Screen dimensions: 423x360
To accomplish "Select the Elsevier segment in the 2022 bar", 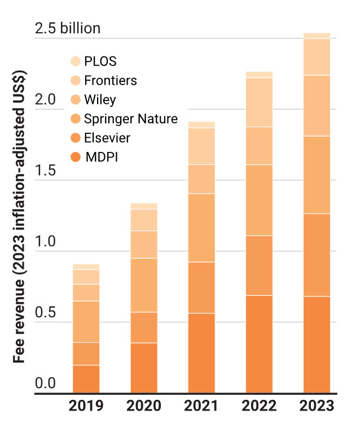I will pyautogui.click(x=259, y=265).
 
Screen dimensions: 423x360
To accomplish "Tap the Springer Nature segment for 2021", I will pyautogui.click(x=201, y=228).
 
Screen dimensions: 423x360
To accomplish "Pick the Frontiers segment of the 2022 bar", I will pyautogui.click(x=259, y=102).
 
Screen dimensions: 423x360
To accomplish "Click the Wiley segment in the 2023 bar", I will pyautogui.click(x=317, y=106).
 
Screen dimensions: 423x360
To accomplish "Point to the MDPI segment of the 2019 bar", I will pyautogui.click(x=86, y=378).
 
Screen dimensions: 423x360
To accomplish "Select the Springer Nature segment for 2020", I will pyautogui.click(x=144, y=285).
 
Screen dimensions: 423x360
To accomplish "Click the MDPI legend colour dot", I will pyautogui.click(x=75, y=156).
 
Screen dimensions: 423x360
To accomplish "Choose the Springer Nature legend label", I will pyautogui.click(x=130, y=119).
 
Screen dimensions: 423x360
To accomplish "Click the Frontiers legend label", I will pyautogui.click(x=110, y=81).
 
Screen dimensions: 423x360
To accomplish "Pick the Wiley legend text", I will pyautogui.click(x=100, y=100).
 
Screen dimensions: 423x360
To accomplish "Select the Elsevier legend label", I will pyautogui.click(x=107, y=138).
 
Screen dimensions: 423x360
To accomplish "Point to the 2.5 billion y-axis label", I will pyautogui.click(x=68, y=28).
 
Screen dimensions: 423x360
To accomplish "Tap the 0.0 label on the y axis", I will pyautogui.click(x=46, y=384).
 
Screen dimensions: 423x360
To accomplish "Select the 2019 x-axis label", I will pyautogui.click(x=86, y=405).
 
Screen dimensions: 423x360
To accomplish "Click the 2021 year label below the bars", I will pyautogui.click(x=201, y=405).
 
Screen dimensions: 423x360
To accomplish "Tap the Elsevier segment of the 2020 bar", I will pyautogui.click(x=144, y=327).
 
